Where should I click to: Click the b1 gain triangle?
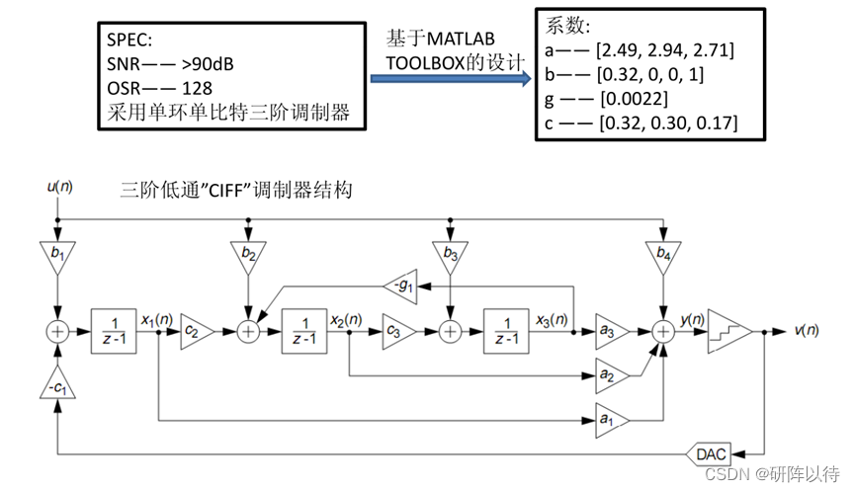coord(58,256)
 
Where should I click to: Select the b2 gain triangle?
coord(247,256)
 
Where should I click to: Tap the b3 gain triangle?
coord(451,256)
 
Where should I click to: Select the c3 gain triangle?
coord(395,333)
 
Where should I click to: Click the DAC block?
coord(709,453)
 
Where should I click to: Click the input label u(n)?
coord(60,186)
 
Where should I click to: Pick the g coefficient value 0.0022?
coord(634,100)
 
